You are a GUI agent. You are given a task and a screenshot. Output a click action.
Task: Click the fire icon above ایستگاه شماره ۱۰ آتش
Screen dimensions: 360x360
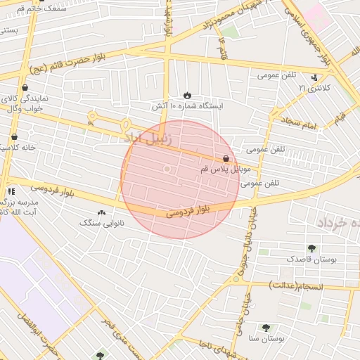click(x=188, y=95)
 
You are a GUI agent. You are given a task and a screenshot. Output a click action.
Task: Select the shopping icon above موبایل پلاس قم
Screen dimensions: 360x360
click(x=225, y=159)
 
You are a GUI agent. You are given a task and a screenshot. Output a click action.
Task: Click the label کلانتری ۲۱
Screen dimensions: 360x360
click(x=314, y=87)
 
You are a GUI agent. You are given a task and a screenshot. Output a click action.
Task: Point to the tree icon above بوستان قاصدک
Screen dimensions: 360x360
click(x=311, y=248)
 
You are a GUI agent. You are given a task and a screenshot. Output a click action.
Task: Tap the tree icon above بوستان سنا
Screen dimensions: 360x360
click(x=266, y=328)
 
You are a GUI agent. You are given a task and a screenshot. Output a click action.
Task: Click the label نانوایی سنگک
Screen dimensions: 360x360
click(x=103, y=222)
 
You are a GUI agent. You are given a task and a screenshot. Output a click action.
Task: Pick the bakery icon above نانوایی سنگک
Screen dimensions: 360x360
click(x=102, y=212)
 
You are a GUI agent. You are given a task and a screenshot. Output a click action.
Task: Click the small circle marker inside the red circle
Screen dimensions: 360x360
click(x=167, y=169)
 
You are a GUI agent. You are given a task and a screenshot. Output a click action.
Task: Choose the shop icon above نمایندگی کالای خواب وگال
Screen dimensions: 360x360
click(x=25, y=88)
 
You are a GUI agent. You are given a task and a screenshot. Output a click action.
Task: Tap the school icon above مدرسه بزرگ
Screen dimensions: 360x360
click(x=11, y=191)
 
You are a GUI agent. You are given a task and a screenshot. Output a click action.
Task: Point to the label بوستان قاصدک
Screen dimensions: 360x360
click(x=312, y=259)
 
